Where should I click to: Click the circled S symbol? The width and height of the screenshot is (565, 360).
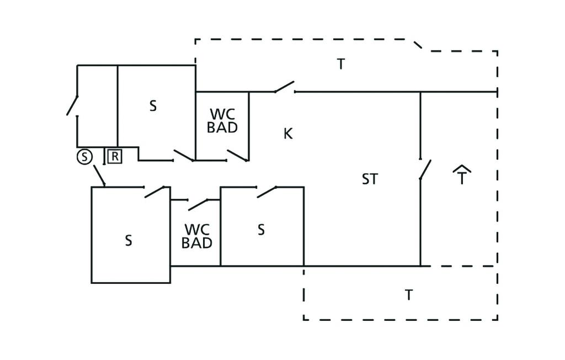[x=84, y=157]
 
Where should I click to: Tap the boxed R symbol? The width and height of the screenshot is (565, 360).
[x=114, y=157]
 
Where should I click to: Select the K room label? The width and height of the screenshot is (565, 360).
[x=287, y=134]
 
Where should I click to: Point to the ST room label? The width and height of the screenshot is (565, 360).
[x=370, y=179]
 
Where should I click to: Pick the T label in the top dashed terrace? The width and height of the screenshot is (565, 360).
[x=341, y=64]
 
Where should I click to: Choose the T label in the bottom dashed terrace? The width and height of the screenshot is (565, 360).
[x=408, y=295]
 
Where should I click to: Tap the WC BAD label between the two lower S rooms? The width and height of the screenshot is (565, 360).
[x=197, y=236]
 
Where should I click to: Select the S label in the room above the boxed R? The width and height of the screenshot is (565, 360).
[x=153, y=106]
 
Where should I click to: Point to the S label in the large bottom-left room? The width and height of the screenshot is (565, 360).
[x=129, y=241]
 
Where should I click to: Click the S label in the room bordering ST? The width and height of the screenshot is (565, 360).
[x=261, y=229]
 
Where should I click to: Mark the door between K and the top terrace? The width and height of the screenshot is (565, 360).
[x=284, y=87]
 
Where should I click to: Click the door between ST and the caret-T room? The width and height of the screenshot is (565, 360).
[x=424, y=169]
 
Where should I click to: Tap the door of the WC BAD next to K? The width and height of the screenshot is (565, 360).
[x=237, y=156]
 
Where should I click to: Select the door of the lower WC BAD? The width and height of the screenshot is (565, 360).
[x=197, y=204]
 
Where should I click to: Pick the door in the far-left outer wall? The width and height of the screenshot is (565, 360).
[x=72, y=105]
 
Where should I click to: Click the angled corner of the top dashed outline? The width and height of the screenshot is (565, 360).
[x=419, y=45]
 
